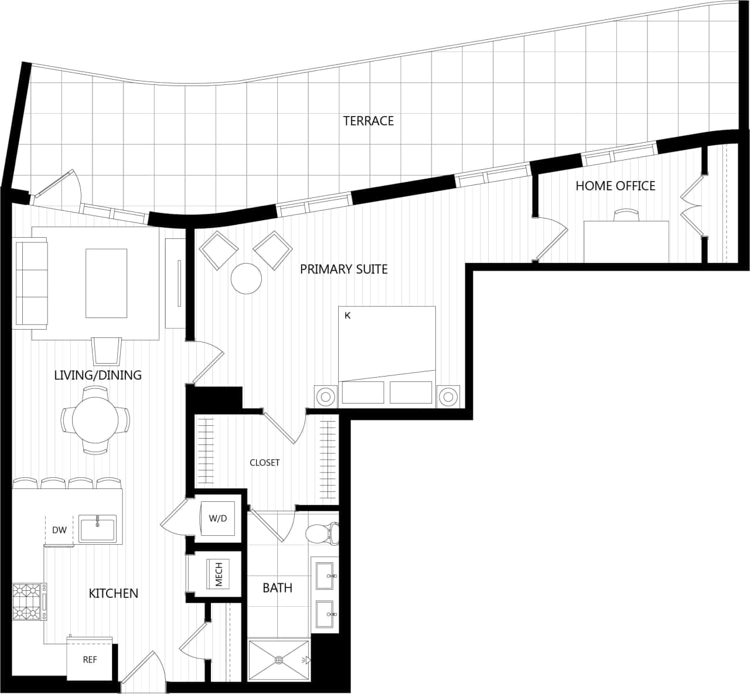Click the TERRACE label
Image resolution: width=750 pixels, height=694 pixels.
pyautogui.click(x=368, y=121)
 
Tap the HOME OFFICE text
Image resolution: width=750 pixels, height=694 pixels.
pyautogui.click(x=615, y=186)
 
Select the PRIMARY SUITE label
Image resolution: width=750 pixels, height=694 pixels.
pyautogui.click(x=343, y=269)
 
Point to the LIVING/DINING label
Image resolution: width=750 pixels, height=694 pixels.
pyautogui.click(x=98, y=375)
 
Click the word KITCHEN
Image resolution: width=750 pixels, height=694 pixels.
pyautogui.click(x=113, y=594)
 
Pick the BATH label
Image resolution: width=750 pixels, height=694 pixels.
pyautogui.click(x=277, y=588)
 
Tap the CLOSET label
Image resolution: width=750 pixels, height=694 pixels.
pyautogui.click(x=264, y=463)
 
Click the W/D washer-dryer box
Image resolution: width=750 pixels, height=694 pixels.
pyautogui.click(x=218, y=519)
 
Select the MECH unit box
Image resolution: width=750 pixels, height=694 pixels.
pyautogui.click(x=218, y=574)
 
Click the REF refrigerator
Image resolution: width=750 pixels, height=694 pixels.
pyautogui.click(x=90, y=660)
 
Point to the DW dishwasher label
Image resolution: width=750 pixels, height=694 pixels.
pyautogui.click(x=59, y=531)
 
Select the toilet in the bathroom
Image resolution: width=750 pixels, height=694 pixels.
pyautogui.click(x=321, y=533)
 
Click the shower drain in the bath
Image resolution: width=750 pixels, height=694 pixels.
pyautogui.click(x=278, y=660)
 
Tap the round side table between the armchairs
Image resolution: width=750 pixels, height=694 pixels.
pyautogui.click(x=246, y=279)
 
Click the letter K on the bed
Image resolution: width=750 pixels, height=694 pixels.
pyautogui.click(x=347, y=316)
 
